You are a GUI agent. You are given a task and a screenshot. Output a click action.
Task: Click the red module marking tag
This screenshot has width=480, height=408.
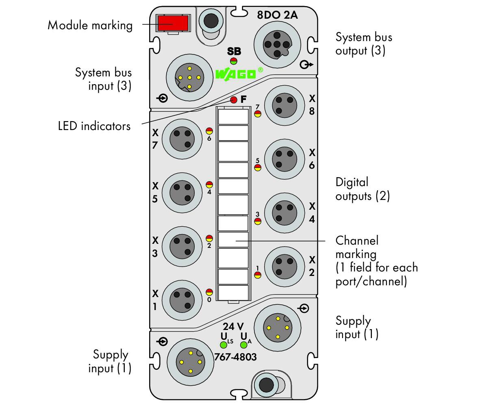173,23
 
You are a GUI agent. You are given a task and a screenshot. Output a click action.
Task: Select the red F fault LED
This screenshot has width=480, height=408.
234,100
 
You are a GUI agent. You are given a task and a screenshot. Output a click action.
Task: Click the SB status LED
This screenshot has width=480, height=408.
234,61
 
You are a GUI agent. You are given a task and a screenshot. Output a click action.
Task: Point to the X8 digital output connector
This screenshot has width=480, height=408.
285,106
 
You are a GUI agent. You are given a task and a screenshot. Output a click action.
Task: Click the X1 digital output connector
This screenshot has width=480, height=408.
182,300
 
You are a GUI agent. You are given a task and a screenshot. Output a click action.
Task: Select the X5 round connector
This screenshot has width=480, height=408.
182,193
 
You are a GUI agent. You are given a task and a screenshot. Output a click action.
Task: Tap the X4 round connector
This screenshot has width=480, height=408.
285,213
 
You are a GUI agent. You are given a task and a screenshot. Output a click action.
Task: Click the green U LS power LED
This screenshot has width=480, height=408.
224,345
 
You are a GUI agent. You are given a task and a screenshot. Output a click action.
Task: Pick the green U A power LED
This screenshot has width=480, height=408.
244,345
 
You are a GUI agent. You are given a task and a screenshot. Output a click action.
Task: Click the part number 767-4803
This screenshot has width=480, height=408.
235,357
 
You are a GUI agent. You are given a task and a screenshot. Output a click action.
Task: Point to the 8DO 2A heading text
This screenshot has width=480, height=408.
277,15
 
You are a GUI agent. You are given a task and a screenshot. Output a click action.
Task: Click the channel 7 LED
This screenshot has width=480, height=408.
258,114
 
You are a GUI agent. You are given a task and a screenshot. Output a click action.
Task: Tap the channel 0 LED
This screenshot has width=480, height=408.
209,292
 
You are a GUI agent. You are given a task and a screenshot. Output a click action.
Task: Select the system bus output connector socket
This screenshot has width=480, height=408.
277,45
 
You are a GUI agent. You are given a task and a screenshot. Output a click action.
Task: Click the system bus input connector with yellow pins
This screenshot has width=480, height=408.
189,78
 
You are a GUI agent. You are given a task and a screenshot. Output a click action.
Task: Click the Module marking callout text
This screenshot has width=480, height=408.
90,25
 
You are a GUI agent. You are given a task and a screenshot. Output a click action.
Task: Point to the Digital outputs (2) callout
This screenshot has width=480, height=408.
363,189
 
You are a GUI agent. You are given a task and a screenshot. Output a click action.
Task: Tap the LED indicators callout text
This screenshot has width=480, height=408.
94,126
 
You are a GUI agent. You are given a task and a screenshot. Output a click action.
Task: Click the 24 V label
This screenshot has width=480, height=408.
233,327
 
